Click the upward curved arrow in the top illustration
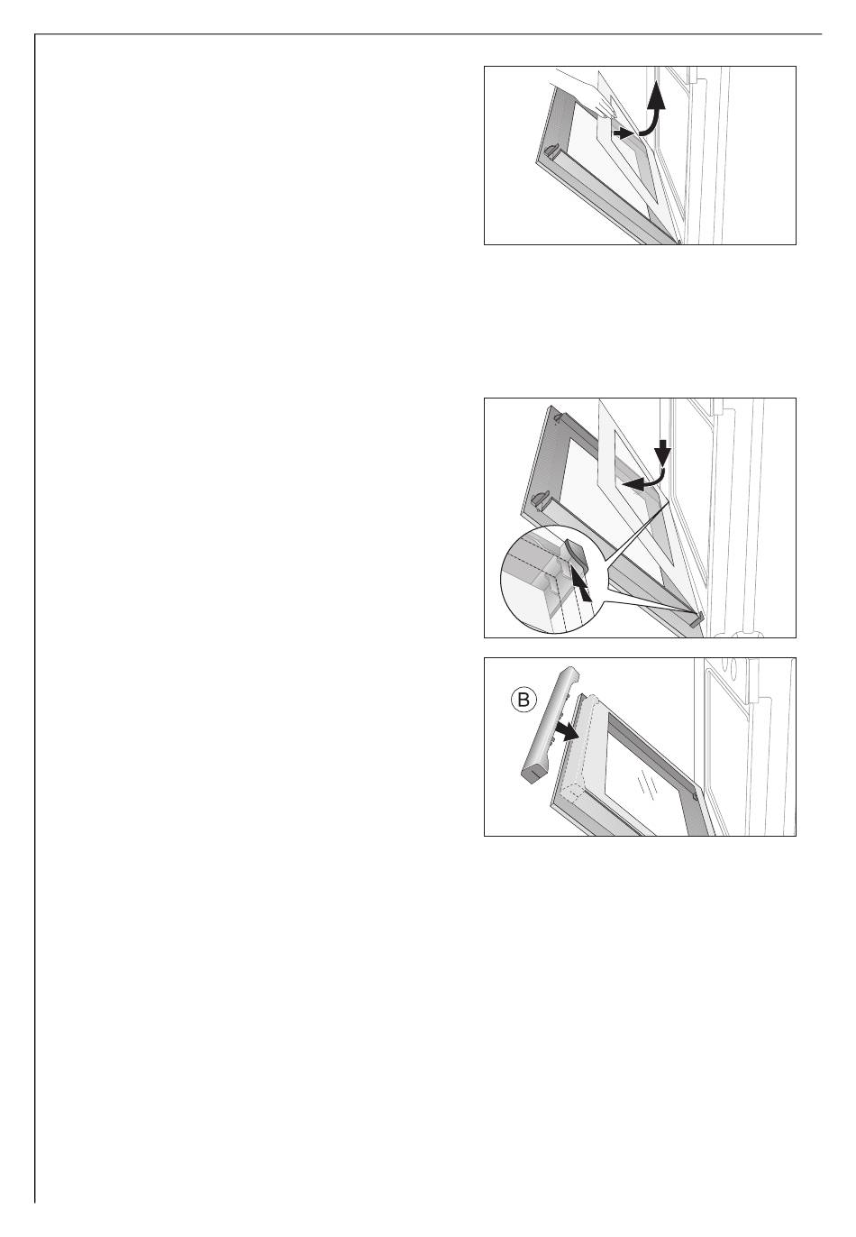(653, 114)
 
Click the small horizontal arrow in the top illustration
(624, 133)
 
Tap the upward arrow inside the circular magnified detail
(579, 586)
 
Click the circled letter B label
(523, 701)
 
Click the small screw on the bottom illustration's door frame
(695, 797)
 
